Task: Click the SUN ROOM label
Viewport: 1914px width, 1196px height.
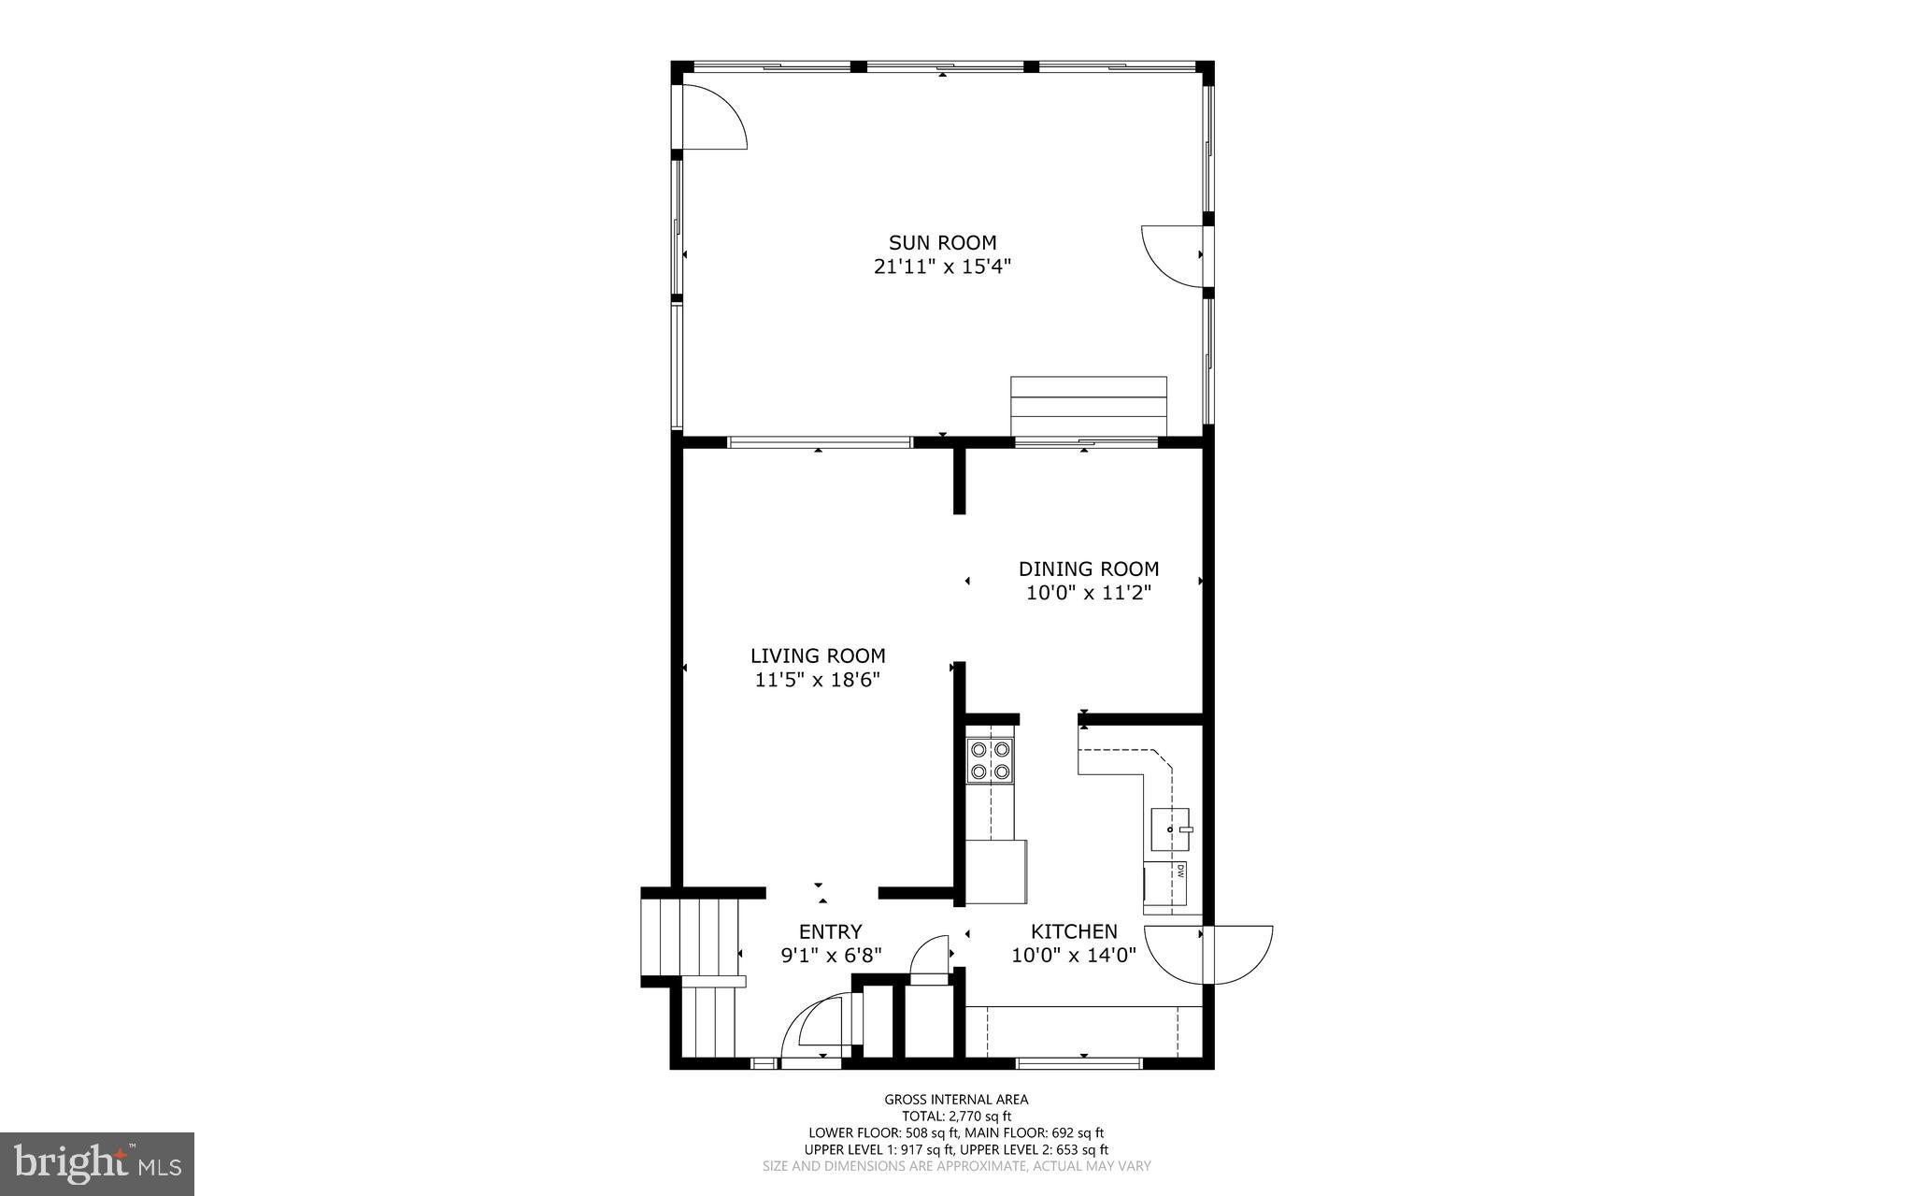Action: point(942,243)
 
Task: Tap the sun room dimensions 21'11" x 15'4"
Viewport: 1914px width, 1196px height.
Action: point(942,267)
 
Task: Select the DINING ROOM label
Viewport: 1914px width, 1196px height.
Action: point(1088,569)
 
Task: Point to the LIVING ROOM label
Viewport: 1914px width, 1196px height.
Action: point(818,656)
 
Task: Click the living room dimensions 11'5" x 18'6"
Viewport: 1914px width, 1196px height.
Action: point(818,680)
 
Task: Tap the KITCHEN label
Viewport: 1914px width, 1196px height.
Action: point(1074,931)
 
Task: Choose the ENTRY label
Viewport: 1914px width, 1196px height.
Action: point(830,931)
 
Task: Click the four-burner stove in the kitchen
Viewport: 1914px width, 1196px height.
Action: point(990,760)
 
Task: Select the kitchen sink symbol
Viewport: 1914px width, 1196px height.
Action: point(1170,829)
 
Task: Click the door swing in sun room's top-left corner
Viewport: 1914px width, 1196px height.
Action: point(712,116)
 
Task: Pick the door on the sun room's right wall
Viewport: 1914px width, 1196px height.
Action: point(1172,255)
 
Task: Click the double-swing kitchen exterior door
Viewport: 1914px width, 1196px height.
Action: point(1207,955)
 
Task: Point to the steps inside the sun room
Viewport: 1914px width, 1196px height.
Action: point(1089,406)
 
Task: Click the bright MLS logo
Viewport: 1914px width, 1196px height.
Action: point(97,1163)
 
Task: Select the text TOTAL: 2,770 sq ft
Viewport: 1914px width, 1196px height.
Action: point(956,1116)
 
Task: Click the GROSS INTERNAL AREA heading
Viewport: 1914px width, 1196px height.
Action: point(956,1100)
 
